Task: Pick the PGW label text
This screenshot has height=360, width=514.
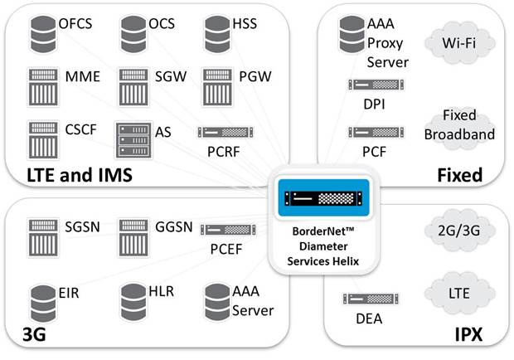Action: click(x=255, y=77)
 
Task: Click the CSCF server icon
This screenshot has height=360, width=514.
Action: click(x=41, y=134)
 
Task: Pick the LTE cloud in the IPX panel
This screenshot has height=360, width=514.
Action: click(x=456, y=294)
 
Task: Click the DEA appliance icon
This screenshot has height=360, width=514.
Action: click(x=365, y=299)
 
